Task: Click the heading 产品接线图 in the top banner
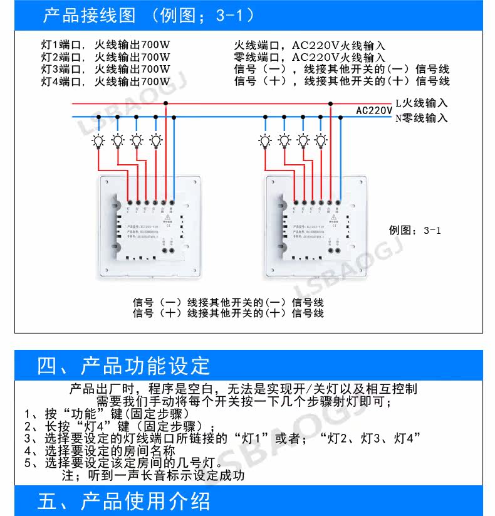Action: click(x=90, y=15)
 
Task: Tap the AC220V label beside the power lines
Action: click(x=374, y=111)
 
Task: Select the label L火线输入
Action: click(x=422, y=103)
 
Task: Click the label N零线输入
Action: click(x=421, y=117)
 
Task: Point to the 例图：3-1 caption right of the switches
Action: click(x=415, y=230)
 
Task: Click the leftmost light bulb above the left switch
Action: click(x=98, y=140)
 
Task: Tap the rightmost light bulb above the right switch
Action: click(x=321, y=140)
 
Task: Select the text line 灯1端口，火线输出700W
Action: click(x=105, y=46)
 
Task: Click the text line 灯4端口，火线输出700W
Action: click(x=105, y=81)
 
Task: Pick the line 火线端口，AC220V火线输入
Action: click(x=310, y=46)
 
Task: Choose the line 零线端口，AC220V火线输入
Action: click(x=310, y=58)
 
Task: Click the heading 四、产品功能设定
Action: click(x=123, y=366)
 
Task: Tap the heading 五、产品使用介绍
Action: click(x=123, y=502)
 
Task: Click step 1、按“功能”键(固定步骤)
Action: click(x=107, y=414)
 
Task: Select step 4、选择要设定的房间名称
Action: click(x=100, y=451)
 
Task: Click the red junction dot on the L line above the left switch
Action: click(x=165, y=103)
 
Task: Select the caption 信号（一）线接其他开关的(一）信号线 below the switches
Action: click(x=228, y=302)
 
